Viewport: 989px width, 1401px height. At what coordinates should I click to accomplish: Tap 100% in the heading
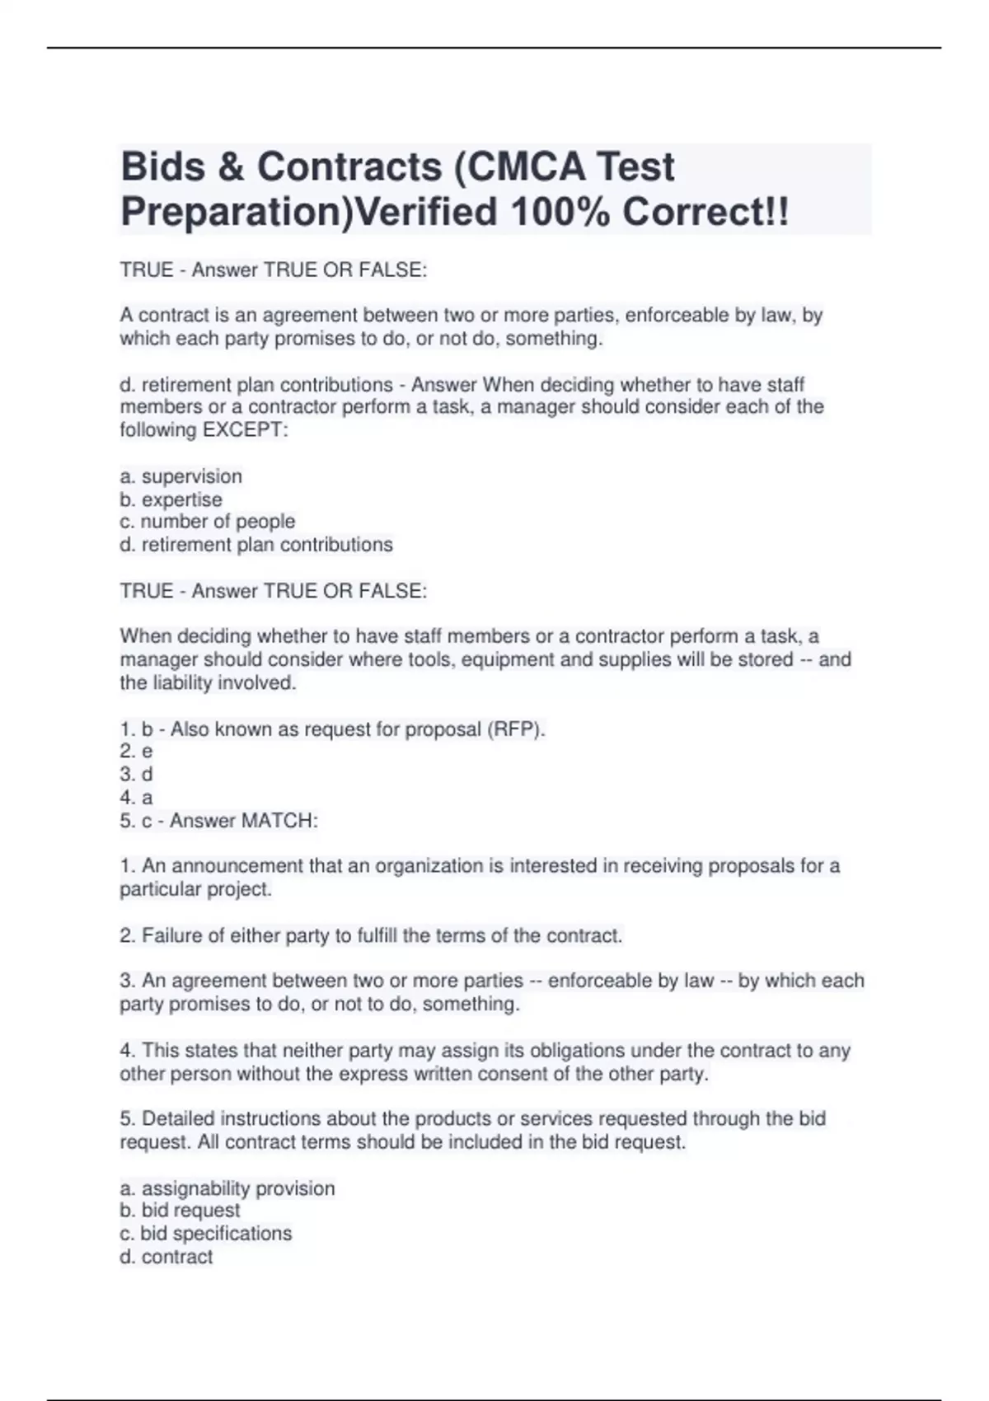[560, 213]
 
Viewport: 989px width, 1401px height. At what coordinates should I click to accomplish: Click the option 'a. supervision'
[181, 476]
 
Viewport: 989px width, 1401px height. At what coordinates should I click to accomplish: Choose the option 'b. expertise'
[171, 499]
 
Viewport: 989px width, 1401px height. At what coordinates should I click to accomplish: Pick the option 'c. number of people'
[208, 522]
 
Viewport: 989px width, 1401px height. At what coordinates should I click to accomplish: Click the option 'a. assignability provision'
[227, 1188]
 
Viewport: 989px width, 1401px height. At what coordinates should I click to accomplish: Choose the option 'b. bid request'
[180, 1211]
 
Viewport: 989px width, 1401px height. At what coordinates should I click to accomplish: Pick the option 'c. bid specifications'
[206, 1234]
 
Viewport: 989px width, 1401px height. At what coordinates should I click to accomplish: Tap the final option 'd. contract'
[166, 1257]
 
